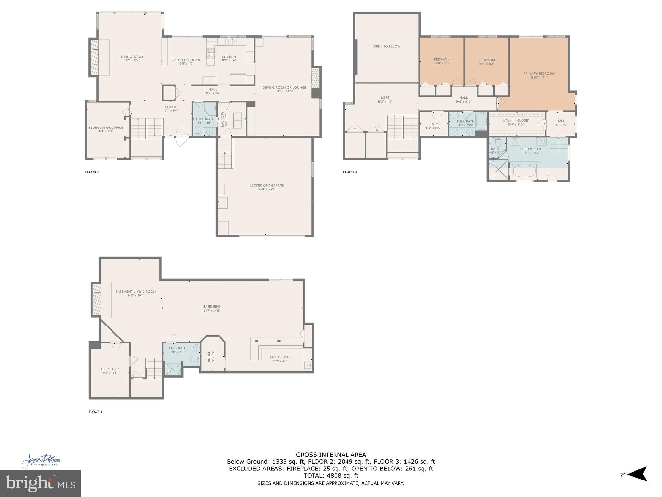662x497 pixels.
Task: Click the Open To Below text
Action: click(x=387, y=46)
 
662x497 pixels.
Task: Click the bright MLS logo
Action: click(x=40, y=484)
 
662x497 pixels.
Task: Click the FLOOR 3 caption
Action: click(x=350, y=172)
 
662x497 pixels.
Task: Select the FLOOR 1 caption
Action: click(x=95, y=412)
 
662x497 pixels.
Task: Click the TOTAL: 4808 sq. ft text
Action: click(x=331, y=476)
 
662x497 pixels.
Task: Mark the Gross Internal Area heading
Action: click(x=331, y=455)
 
